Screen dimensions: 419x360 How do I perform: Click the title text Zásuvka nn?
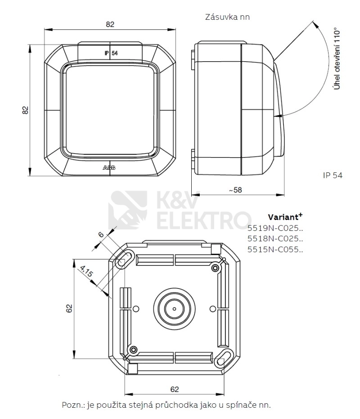pyautogui.click(x=227, y=17)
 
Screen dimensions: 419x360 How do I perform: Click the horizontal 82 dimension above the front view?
pyautogui.click(x=110, y=25)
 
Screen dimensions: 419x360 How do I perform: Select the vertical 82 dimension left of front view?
pyautogui.click(x=26, y=110)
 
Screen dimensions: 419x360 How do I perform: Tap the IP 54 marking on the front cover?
pyautogui.click(x=111, y=53)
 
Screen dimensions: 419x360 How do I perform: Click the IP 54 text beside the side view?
pyautogui.click(x=333, y=175)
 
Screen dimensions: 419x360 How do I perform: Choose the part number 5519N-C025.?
pyautogui.click(x=275, y=228)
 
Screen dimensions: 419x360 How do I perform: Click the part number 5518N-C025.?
pyautogui.click(x=275, y=239)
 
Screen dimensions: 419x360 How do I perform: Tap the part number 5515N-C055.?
pyautogui.click(x=275, y=250)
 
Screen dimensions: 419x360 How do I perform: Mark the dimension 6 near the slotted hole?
pyautogui.click(x=100, y=234)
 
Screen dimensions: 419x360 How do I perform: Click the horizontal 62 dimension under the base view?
pyautogui.click(x=175, y=388)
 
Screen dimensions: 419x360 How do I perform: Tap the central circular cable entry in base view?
pyautogui.click(x=174, y=309)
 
